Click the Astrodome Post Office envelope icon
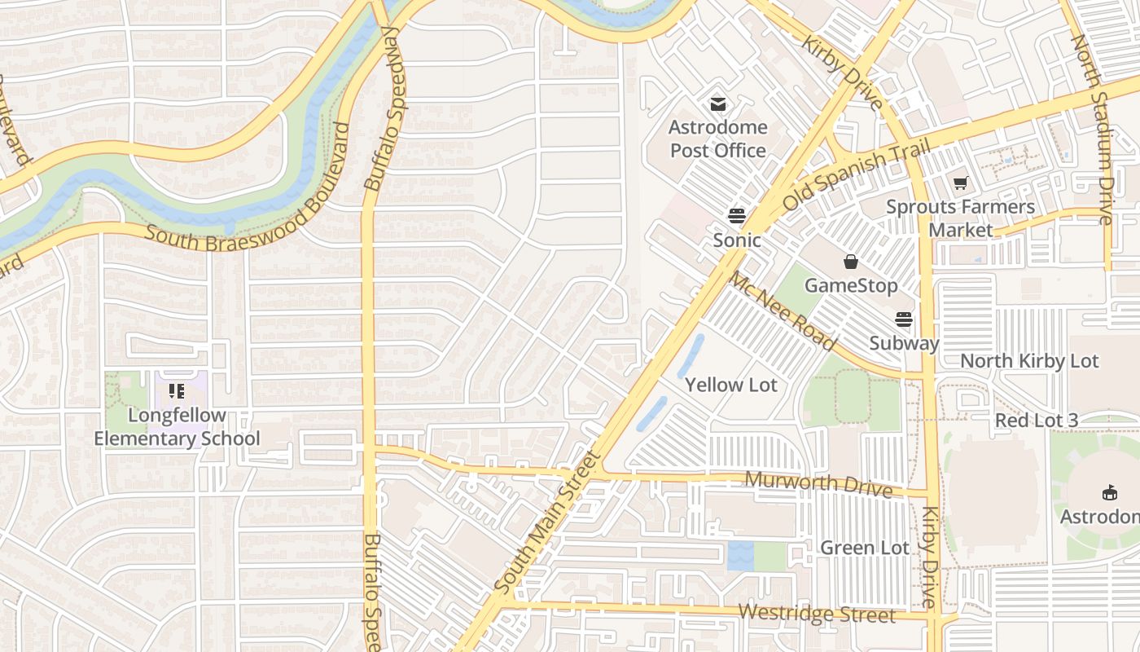pyautogui.click(x=717, y=104)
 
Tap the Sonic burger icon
pyautogui.click(x=737, y=216)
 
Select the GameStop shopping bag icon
pyautogui.click(x=851, y=262)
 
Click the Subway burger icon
pyautogui.click(x=904, y=319)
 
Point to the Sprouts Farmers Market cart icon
pyautogui.click(x=961, y=183)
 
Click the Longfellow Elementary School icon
pyautogui.click(x=177, y=391)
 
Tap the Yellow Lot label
pyautogui.click(x=731, y=385)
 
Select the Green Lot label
pyautogui.click(x=864, y=548)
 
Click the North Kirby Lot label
pyautogui.click(x=1029, y=360)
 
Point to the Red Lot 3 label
pyautogui.click(x=1037, y=421)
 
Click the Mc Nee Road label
pyautogui.click(x=782, y=311)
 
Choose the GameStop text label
pyautogui.click(x=851, y=285)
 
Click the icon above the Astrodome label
pyautogui.click(x=1109, y=492)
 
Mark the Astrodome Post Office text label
pyautogui.click(x=717, y=139)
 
